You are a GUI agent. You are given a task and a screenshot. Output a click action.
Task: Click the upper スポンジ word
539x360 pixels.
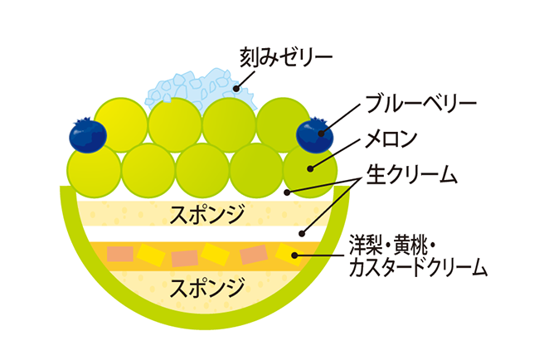click(x=207, y=214)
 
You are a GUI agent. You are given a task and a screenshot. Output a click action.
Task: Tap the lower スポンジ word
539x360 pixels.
click(x=207, y=287)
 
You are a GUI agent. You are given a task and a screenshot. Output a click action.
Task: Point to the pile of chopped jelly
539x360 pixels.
click(x=191, y=88)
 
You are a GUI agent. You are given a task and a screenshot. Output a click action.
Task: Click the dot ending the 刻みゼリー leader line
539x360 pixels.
click(x=236, y=89)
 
